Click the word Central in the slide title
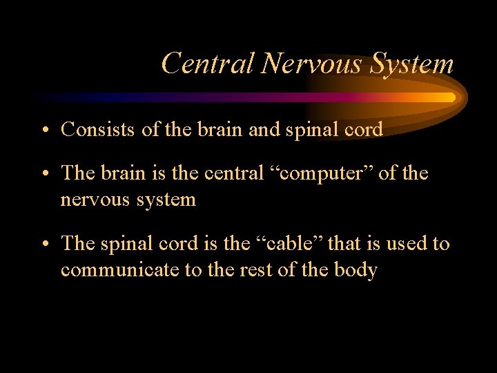point(208,64)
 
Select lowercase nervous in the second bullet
point(97,200)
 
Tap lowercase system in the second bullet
point(168,200)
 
